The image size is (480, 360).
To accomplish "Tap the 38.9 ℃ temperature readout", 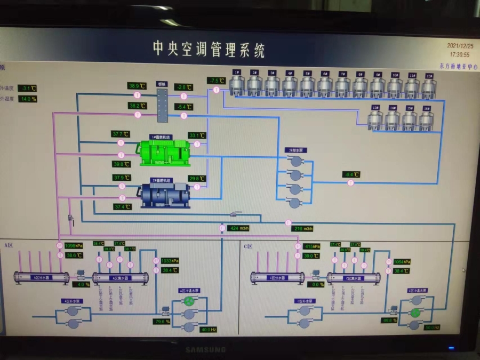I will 137,85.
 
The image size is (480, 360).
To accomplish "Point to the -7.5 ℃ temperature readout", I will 217,81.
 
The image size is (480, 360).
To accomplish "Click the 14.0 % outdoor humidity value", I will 28,99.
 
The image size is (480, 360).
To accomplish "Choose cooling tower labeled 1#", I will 237,84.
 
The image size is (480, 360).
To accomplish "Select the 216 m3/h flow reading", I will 302,228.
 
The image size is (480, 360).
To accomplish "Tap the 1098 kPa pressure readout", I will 73,246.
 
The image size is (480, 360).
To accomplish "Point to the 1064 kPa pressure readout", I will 403,262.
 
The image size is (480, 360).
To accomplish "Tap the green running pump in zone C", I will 414,311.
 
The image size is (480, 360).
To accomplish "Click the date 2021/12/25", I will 459,46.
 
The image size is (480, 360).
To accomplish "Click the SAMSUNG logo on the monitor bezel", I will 205,350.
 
